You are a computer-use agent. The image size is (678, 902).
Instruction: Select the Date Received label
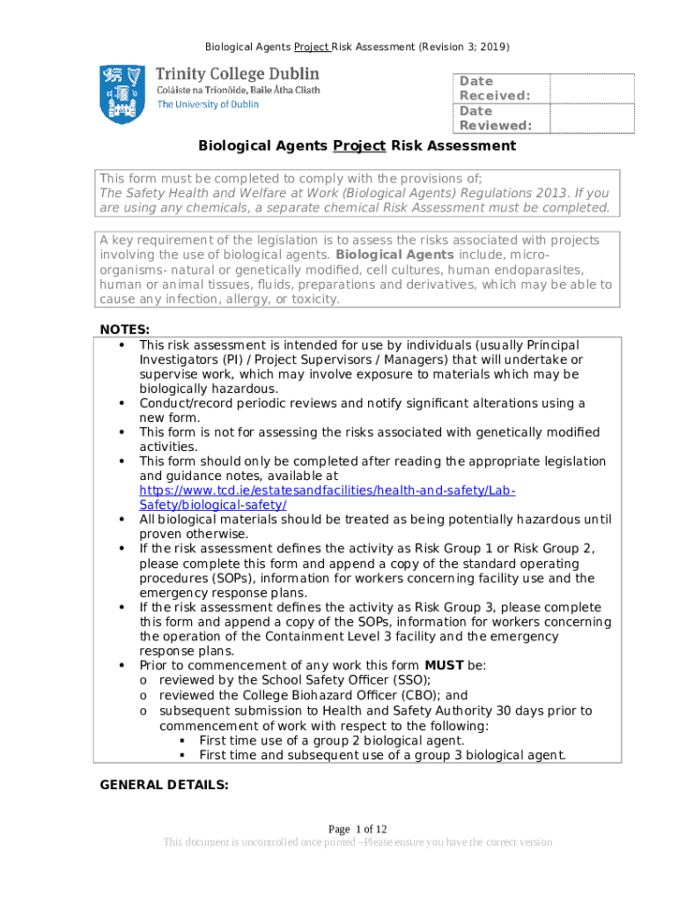(495, 88)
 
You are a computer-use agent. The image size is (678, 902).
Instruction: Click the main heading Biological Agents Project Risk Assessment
(357, 145)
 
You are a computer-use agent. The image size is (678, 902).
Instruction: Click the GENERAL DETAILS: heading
(165, 784)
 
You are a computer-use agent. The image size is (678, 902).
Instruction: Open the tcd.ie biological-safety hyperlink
(328, 497)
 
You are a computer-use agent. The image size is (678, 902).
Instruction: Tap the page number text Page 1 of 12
(357, 829)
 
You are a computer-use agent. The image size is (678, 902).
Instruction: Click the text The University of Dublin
(208, 104)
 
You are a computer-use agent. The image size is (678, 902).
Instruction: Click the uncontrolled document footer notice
(357, 842)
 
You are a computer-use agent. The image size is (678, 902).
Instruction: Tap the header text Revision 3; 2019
(464, 46)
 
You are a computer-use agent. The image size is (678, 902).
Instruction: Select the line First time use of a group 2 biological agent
(332, 741)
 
